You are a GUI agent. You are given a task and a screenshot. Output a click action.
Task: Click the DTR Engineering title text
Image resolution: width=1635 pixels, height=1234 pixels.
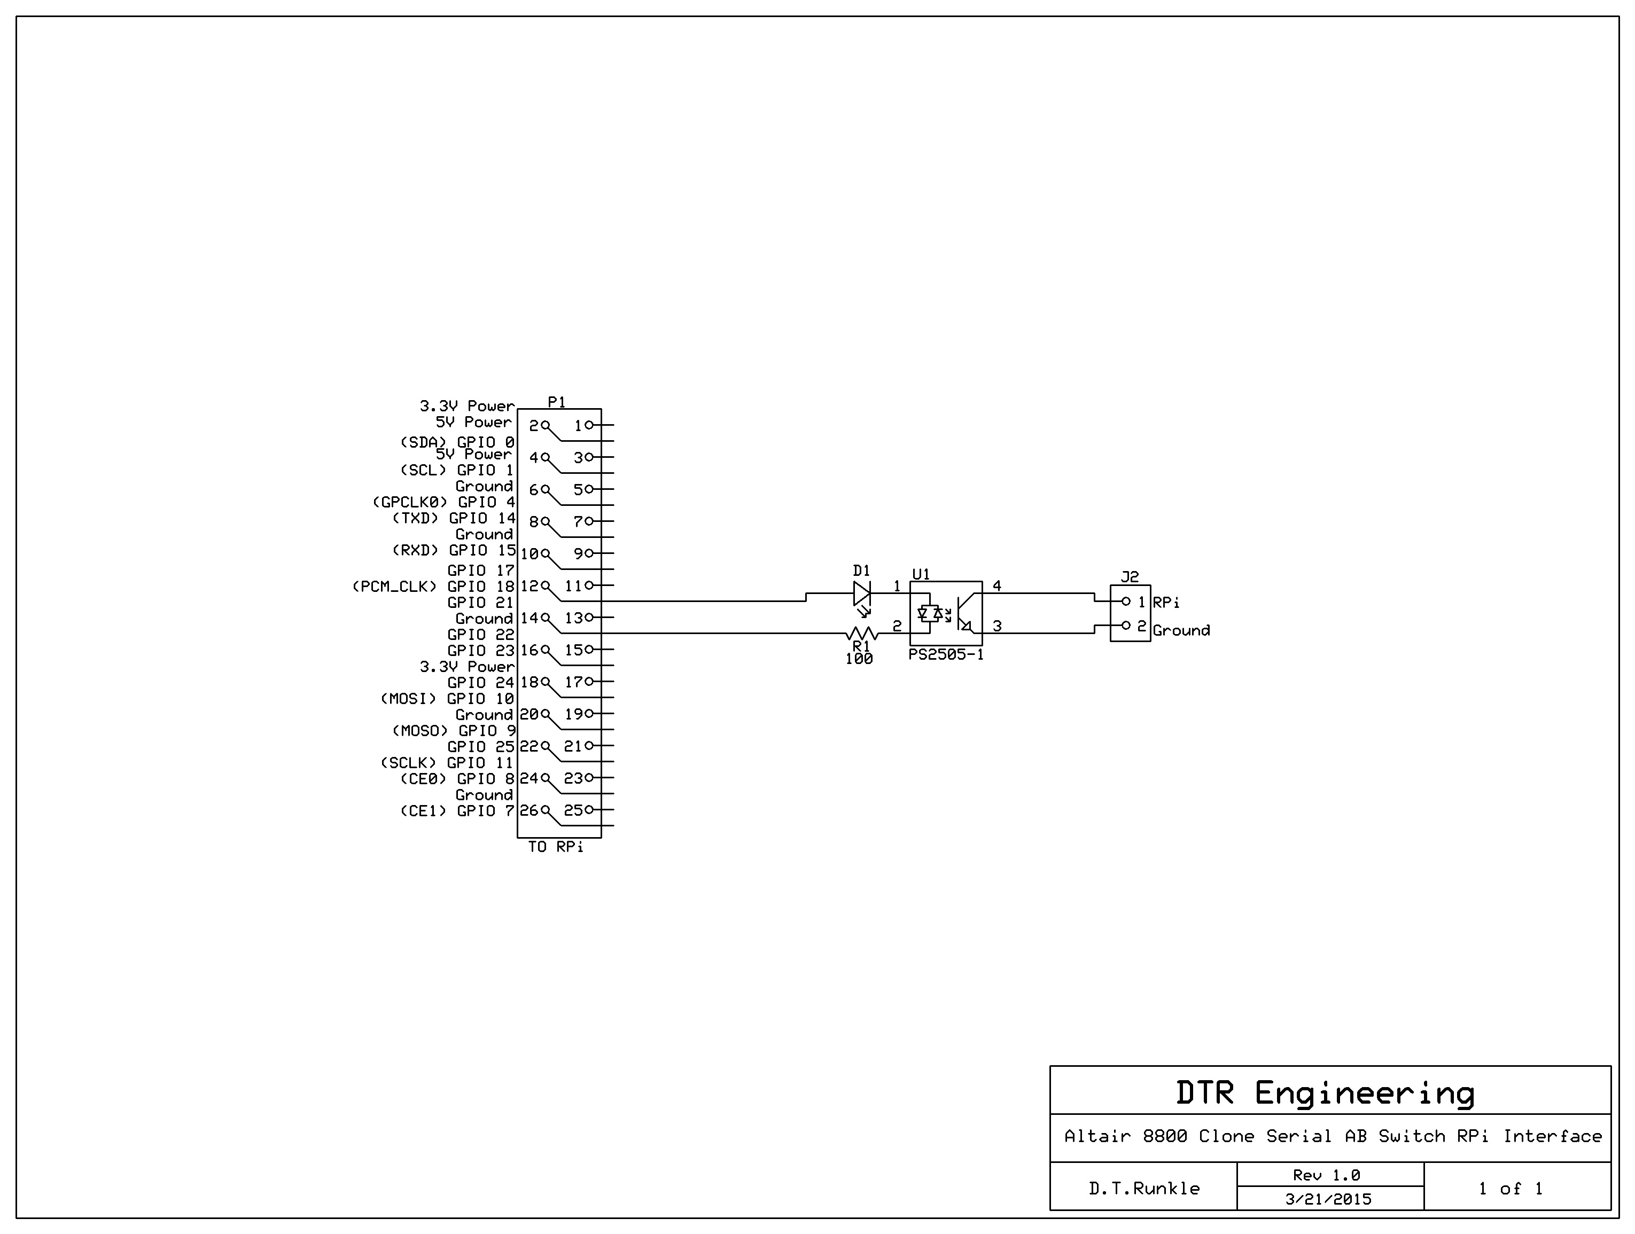click(1325, 1094)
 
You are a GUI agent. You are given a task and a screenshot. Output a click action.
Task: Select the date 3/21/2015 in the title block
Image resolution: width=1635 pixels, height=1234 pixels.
click(1328, 1199)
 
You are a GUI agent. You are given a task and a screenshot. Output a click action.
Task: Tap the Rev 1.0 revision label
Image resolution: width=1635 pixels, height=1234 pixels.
click(1327, 1175)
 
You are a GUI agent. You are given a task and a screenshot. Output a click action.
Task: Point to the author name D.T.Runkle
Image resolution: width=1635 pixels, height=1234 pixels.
click(1144, 1188)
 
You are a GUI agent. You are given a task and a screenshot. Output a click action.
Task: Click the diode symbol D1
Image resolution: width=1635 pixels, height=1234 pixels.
click(862, 593)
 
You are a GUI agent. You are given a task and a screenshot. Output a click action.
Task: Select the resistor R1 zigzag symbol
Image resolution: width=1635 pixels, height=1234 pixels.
click(862, 633)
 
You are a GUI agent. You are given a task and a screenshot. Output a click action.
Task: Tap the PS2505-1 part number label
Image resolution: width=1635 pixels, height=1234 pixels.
click(946, 655)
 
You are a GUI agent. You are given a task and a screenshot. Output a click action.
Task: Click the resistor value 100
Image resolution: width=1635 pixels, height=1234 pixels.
click(859, 659)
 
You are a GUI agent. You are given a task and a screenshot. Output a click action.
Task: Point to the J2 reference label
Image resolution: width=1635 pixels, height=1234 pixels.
click(1130, 576)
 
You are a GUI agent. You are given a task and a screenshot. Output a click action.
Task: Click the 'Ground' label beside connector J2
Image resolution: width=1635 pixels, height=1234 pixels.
click(1181, 630)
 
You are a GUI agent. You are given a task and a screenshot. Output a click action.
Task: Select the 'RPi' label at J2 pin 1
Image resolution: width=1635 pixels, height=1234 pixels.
click(1166, 602)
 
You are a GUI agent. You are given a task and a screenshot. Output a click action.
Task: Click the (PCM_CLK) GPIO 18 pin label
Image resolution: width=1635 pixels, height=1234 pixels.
click(433, 587)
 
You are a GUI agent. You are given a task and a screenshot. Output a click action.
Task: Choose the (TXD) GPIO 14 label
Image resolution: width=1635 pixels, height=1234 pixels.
click(454, 518)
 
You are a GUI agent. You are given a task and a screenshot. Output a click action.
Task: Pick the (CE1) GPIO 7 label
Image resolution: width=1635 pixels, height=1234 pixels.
click(457, 810)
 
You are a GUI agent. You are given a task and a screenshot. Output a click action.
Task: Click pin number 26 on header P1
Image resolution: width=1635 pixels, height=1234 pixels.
click(528, 810)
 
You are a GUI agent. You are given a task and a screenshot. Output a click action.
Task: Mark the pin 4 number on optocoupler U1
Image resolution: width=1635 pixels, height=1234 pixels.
click(996, 586)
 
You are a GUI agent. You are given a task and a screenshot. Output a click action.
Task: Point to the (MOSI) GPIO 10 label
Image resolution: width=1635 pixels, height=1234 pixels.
click(447, 698)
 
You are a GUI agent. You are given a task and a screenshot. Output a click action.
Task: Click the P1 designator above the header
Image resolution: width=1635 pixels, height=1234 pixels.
click(557, 402)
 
